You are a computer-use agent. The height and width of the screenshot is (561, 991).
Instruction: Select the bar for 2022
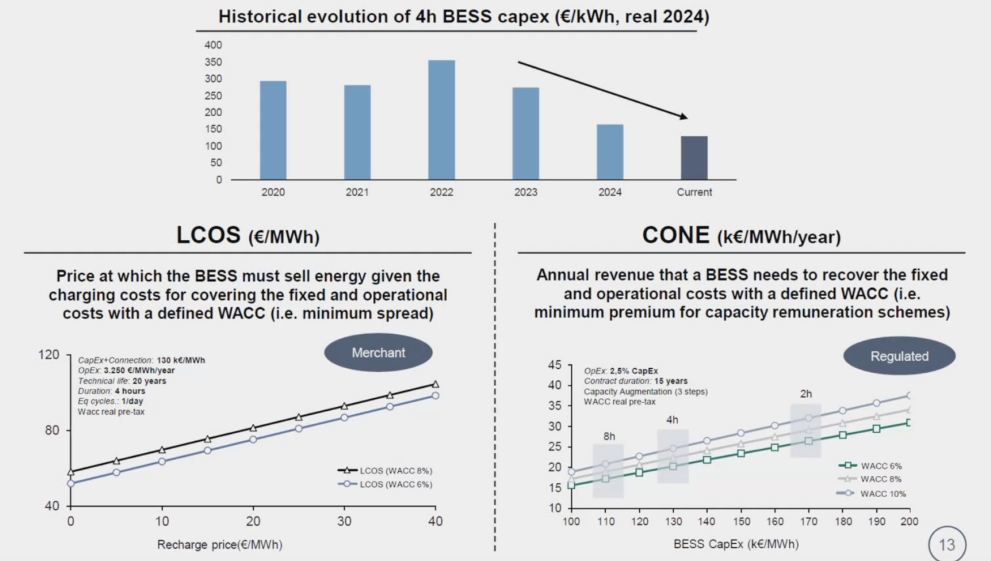pos(441,120)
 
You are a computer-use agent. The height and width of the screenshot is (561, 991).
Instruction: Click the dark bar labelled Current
pos(694,158)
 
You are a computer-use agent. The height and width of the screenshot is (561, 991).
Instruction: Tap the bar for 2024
pos(610,152)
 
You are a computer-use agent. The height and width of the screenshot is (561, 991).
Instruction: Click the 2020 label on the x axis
pos(273,192)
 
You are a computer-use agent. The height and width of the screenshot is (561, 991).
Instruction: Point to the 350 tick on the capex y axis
pos(213,62)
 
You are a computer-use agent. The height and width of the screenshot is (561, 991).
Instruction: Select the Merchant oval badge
pos(378,353)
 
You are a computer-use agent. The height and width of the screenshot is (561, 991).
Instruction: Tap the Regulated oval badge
pos(899,356)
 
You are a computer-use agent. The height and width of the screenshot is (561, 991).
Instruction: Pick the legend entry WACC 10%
pos(882,494)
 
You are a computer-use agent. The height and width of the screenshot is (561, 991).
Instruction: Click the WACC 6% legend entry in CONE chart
pos(880,466)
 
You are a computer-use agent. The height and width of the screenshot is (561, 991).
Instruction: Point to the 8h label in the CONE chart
pos(609,437)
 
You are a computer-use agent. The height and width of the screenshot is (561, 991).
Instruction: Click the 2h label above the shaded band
pos(806,394)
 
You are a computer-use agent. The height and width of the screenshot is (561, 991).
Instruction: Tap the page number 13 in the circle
pos(946,545)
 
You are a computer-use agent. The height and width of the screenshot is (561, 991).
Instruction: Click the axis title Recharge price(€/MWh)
pos(219,545)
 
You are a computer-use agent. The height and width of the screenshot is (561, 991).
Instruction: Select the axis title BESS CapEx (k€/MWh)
pos(736,544)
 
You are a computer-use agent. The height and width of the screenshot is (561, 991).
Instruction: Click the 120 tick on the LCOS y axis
pos(48,355)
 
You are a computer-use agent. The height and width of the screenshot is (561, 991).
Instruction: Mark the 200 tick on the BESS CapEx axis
pos(909,522)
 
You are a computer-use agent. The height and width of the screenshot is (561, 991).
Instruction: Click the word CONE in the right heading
pos(676,235)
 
